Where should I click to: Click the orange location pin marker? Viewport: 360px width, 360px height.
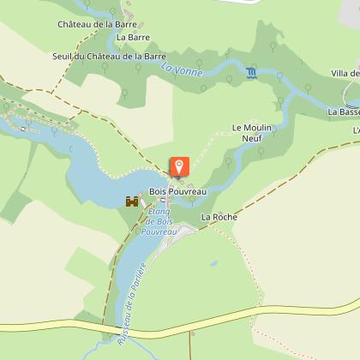[179, 166]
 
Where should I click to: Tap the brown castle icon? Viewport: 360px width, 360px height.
[132, 201]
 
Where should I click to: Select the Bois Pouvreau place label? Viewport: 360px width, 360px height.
[178, 191]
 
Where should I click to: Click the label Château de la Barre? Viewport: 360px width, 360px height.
[97, 25]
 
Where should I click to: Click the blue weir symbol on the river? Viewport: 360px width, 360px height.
[250, 72]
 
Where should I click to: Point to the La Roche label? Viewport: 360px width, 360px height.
[219, 218]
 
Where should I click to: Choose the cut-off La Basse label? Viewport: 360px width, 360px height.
[343, 111]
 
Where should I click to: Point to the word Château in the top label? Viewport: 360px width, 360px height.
[75, 25]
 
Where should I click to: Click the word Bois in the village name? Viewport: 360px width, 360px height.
[159, 191]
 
